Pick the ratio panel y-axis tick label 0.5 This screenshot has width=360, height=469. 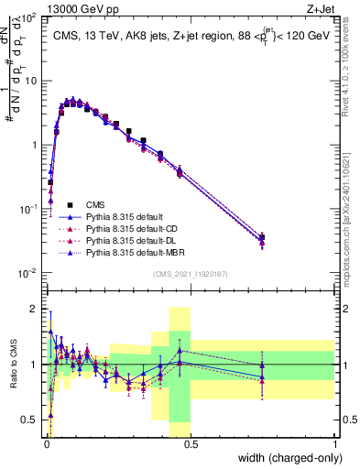[x=31, y=420]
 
